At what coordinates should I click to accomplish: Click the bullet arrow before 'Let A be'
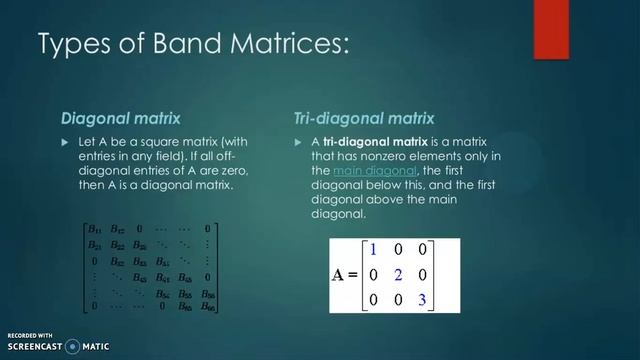click(66, 143)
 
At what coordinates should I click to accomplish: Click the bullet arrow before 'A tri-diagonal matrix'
click(298, 143)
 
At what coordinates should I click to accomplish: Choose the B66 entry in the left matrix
click(207, 305)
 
